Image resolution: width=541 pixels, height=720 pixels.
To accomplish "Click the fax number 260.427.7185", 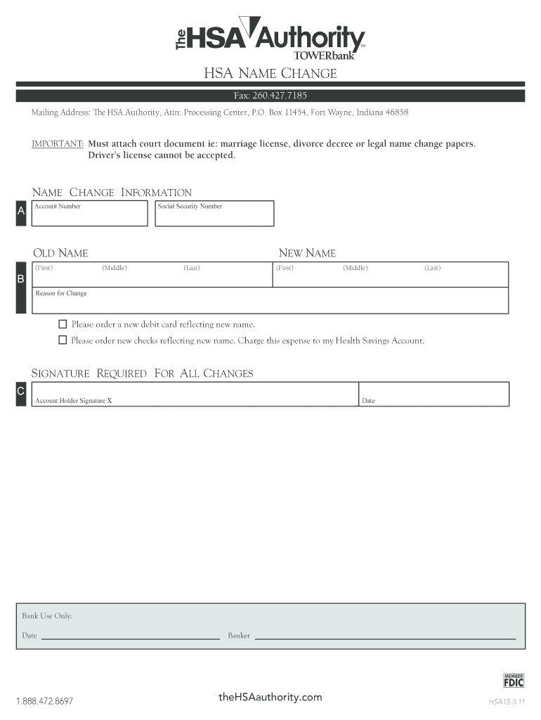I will click(x=270, y=96).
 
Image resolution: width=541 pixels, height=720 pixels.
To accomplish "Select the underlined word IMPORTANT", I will click(x=58, y=143).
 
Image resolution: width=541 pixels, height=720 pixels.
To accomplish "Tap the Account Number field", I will click(x=91, y=214).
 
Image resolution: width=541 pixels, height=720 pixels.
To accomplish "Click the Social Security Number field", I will click(x=214, y=214).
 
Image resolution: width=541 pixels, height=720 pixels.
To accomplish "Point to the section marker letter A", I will click(x=21, y=211).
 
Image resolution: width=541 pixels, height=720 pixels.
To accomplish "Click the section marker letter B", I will click(x=21, y=279).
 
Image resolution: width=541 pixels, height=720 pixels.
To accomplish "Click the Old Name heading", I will click(x=60, y=253).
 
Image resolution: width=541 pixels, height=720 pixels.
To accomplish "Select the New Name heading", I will click(x=307, y=253).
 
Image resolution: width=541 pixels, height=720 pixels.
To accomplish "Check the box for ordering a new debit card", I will click(x=63, y=324).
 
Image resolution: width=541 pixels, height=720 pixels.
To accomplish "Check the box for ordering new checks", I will click(x=63, y=340).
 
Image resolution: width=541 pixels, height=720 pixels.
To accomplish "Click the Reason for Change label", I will click(x=61, y=293).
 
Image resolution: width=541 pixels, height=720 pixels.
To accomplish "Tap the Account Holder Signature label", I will click(x=73, y=401).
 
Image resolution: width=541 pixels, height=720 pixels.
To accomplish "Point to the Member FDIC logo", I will click(x=514, y=679).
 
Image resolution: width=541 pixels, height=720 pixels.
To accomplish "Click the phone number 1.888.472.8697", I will click(x=44, y=701).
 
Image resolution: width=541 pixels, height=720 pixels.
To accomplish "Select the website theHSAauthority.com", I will click(x=270, y=697).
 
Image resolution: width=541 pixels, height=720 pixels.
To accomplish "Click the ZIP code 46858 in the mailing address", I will click(x=396, y=112).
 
